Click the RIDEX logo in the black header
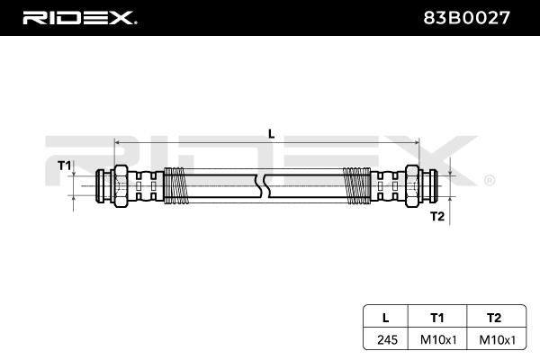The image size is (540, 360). [80, 18]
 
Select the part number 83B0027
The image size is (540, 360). [466, 18]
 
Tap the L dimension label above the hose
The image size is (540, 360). [272, 134]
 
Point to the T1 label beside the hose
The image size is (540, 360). [64, 166]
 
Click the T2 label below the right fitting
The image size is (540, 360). [437, 216]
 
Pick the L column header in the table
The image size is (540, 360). [386, 318]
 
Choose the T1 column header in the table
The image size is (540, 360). [437, 318]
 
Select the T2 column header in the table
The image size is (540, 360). [494, 318]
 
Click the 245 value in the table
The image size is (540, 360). [387, 339]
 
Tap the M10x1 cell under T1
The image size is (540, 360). [438, 339]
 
